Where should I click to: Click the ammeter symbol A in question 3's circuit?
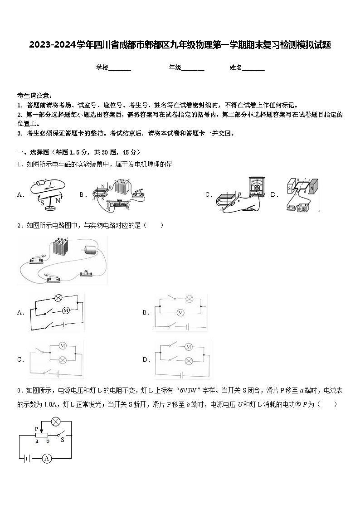click(x=46, y=458)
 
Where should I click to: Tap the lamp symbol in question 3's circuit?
click(x=56, y=422)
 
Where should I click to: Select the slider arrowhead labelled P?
click(x=41, y=431)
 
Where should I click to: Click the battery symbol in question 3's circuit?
click(x=27, y=458)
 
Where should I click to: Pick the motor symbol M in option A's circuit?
click(x=65, y=310)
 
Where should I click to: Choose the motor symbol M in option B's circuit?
click(x=180, y=313)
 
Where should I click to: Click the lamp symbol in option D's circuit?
click(x=189, y=360)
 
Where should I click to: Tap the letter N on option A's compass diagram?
click(x=58, y=200)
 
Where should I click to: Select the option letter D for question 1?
click(x=274, y=194)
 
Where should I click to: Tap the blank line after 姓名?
click(x=253, y=68)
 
